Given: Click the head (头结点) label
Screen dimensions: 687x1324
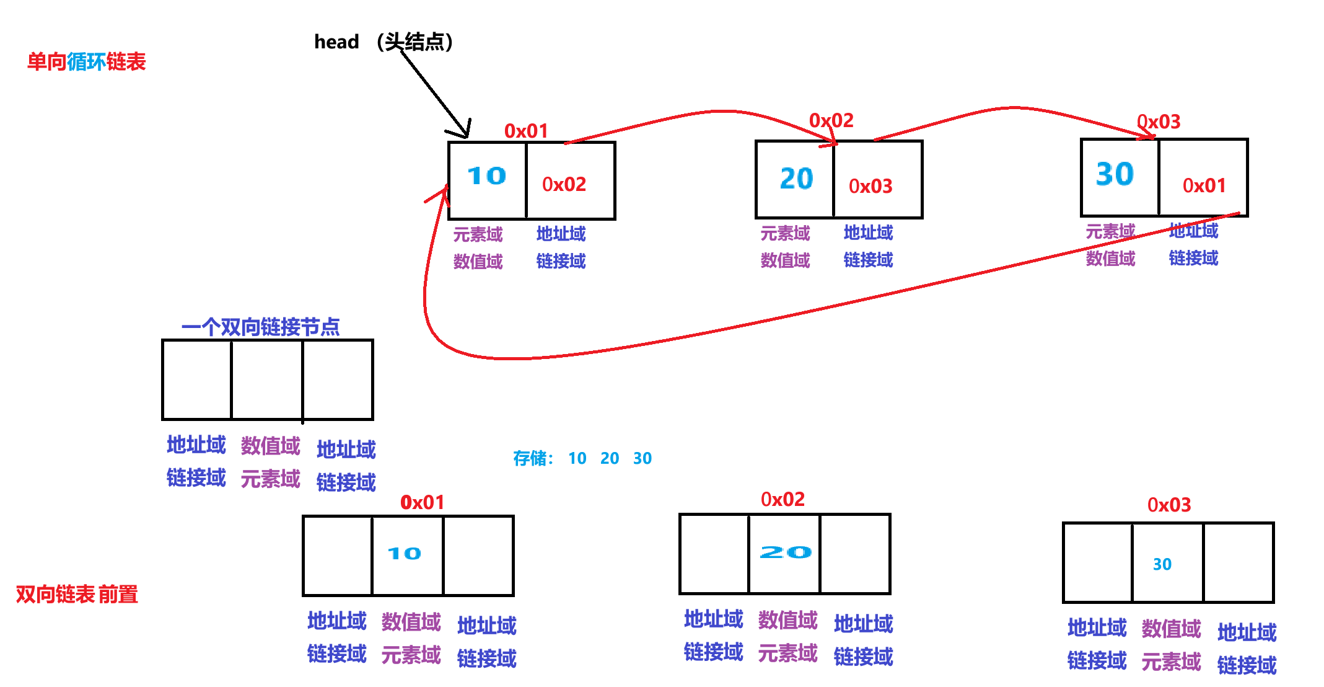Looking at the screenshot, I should coord(384,42).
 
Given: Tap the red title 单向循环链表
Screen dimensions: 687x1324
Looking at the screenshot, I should coord(86,62).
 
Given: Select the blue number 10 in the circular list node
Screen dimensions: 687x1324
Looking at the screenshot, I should coord(487,176).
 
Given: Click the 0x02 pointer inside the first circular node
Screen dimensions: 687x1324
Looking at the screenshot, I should coord(564,184).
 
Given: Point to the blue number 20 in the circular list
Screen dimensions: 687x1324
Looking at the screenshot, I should coord(796,179).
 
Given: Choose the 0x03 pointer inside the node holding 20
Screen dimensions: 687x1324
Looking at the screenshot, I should coord(870,186).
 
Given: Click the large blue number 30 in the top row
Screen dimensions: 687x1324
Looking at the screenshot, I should coord(1115,174).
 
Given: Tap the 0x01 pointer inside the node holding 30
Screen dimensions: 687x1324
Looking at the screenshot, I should coord(1204,185).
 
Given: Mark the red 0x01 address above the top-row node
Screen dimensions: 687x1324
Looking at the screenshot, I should coord(526,131).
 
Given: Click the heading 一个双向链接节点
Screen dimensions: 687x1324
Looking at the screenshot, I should coord(260,327).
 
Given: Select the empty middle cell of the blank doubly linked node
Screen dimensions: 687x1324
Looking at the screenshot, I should coord(267,379).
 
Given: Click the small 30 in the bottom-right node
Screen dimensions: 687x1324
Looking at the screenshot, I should coord(1162,564).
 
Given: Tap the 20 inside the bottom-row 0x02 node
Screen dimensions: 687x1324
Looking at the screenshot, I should coord(786,552).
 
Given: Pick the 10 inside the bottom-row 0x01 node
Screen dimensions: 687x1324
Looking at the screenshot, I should coord(405,553).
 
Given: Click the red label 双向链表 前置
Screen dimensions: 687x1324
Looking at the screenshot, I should coord(77,594).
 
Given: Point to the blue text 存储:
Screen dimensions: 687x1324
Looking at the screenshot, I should coord(533,458).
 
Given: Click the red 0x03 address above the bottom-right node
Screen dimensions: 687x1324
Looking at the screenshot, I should coord(1169,505).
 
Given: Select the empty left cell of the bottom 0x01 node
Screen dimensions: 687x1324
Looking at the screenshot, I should coord(338,556).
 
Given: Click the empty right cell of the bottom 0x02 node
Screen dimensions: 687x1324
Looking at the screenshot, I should coord(855,554).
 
